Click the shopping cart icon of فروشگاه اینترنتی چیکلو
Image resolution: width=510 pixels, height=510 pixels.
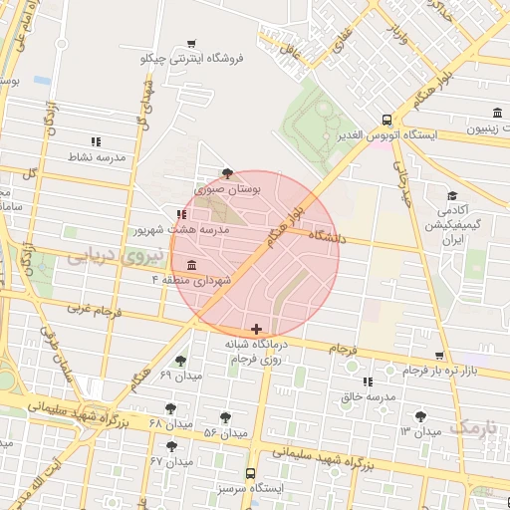pos(190,43)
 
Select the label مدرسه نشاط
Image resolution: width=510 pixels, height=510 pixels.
pos(96,157)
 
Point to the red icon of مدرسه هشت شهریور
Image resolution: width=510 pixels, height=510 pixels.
pos(181,213)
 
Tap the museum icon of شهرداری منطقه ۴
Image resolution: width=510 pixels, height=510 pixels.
pos(190,265)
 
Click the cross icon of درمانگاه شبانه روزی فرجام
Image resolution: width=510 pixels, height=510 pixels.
pos(257,328)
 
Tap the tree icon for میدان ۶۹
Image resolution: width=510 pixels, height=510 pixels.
pos(180,362)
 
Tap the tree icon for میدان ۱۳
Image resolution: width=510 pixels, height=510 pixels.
pos(420,415)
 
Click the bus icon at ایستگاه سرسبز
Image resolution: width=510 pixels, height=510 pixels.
pos(250,474)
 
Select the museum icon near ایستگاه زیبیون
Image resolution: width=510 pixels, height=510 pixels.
pos(496,112)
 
